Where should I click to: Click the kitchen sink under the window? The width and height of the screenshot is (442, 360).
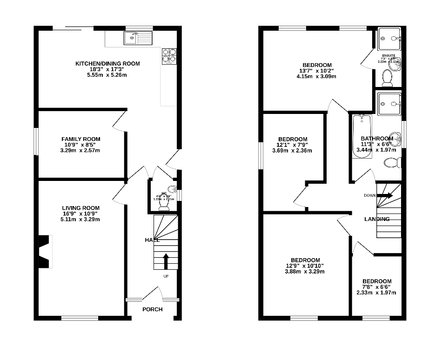[x=138, y=38]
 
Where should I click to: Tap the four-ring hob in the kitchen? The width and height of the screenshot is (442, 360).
[x=169, y=56]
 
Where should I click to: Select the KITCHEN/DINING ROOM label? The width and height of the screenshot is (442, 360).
[x=107, y=64]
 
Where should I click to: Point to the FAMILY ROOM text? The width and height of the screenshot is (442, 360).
[x=81, y=139]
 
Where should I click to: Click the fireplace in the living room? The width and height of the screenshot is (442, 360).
[x=45, y=252]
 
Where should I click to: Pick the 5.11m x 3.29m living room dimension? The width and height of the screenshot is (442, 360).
[x=81, y=219]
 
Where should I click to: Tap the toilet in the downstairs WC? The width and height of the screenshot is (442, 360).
[x=164, y=205]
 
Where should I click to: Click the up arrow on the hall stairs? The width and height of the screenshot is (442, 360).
[x=166, y=261]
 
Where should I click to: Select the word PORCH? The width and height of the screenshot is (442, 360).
[x=153, y=309]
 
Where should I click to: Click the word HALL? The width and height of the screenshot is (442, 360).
[x=152, y=240]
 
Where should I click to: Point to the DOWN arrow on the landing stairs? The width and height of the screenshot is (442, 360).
[x=384, y=195]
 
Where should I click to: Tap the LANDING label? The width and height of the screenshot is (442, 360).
[x=377, y=219]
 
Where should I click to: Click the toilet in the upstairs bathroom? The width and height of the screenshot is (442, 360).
[x=394, y=163]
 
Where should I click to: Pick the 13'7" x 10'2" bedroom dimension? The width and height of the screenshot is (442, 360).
[x=317, y=71]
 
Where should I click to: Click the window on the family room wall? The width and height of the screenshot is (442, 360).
[x=36, y=141]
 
